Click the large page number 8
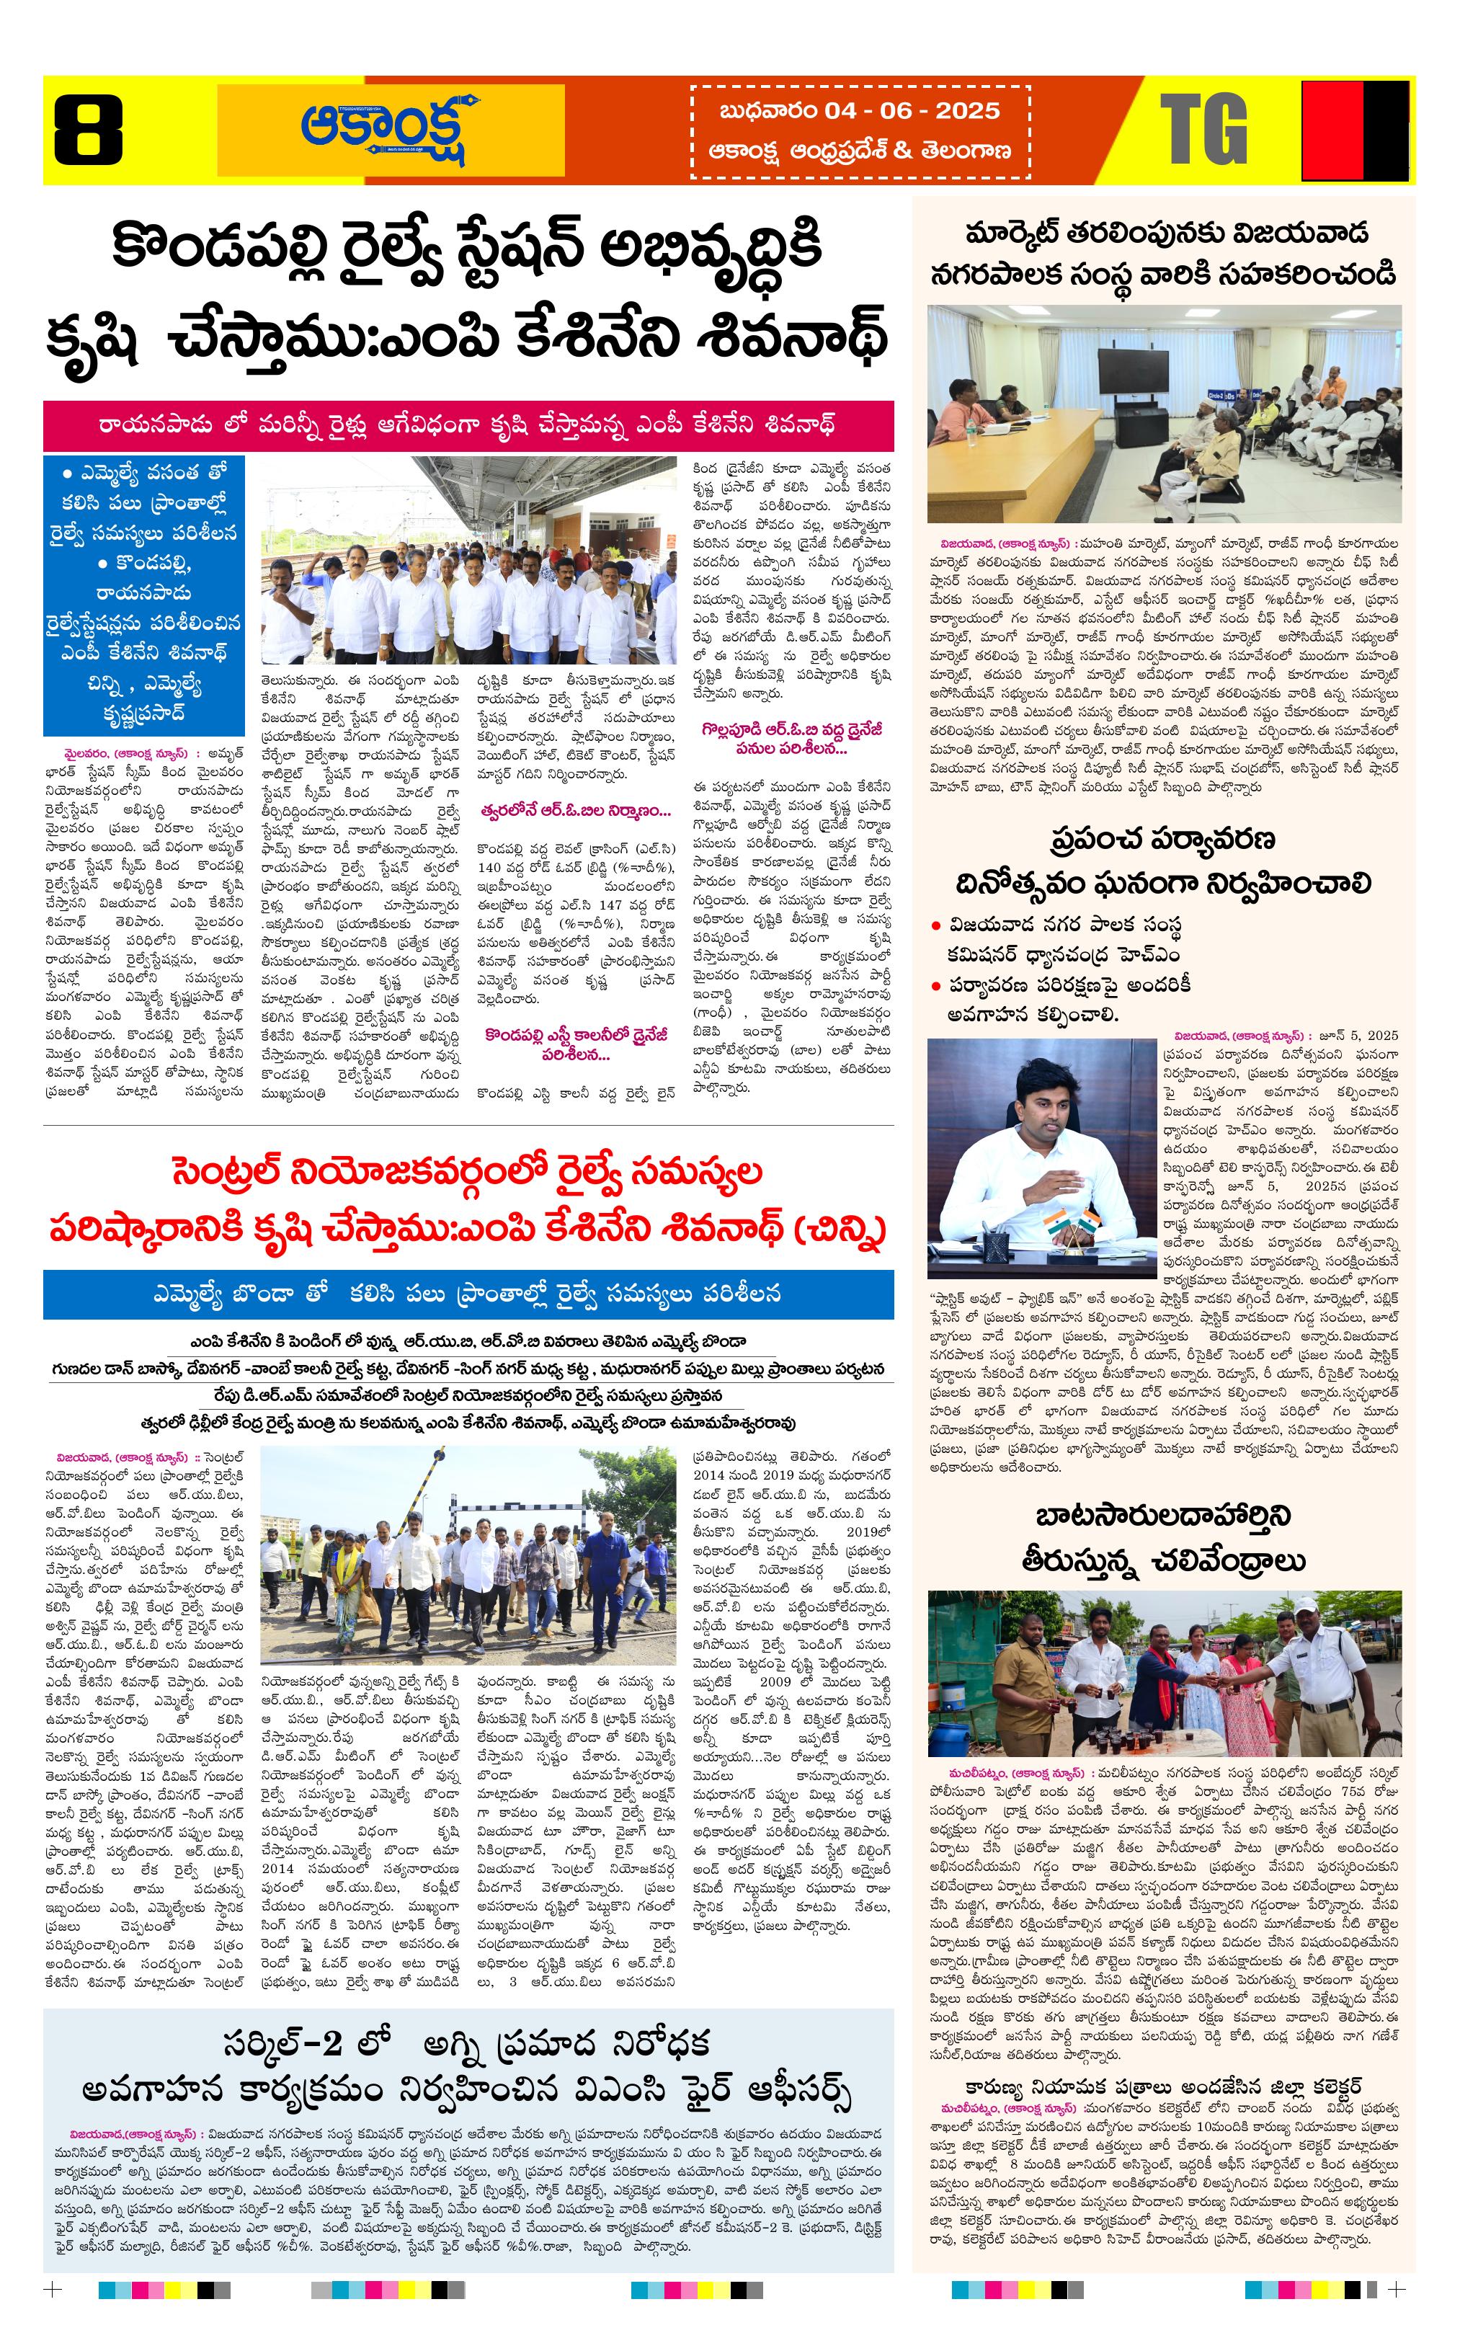point(88,130)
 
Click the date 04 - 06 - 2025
point(912,110)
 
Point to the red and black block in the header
point(1355,130)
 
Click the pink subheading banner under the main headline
point(468,424)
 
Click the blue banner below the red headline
point(468,1294)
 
